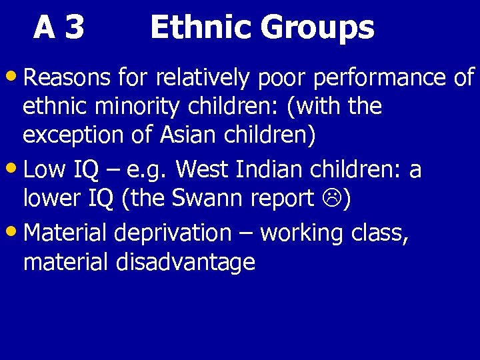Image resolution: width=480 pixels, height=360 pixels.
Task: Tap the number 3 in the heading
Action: click(75, 29)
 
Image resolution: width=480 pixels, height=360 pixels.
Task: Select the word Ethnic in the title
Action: click(200, 29)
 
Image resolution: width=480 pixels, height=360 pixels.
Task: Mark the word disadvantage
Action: click(185, 262)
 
